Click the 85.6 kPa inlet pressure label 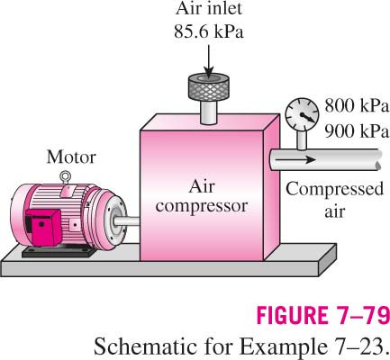pyautogui.click(x=209, y=31)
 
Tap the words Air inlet pyautogui.click(x=209, y=9)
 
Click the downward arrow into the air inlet pyautogui.click(x=208, y=60)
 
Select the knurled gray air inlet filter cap pyautogui.click(x=209, y=86)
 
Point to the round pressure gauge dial pyautogui.click(x=302, y=114)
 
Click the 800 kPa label pyautogui.click(x=357, y=106)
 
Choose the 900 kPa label pyautogui.click(x=357, y=130)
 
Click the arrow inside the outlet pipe pyautogui.click(x=295, y=159)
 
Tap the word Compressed pyautogui.click(x=334, y=190)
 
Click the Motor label pyautogui.click(x=71, y=157)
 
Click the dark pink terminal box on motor pyautogui.click(x=43, y=227)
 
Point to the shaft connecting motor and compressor pyautogui.click(x=127, y=221)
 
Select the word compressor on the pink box pyautogui.click(x=202, y=206)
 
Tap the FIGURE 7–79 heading pyautogui.click(x=323, y=315)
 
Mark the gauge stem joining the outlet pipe pyautogui.click(x=302, y=140)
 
